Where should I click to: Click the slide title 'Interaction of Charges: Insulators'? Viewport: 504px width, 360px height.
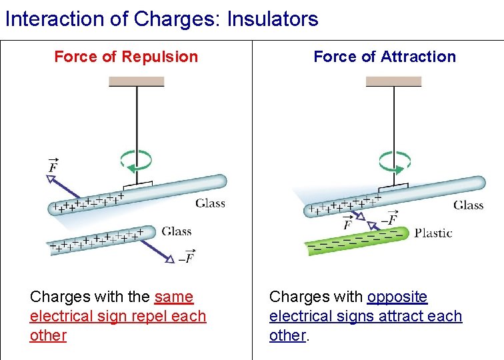click(x=161, y=19)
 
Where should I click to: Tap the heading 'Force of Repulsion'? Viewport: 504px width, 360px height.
click(x=126, y=57)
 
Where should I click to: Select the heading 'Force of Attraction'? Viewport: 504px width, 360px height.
click(x=385, y=57)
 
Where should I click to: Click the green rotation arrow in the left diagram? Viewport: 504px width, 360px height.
click(x=136, y=161)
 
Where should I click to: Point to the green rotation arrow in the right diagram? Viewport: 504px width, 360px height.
click(x=395, y=161)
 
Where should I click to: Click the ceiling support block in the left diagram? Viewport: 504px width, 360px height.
click(x=137, y=81)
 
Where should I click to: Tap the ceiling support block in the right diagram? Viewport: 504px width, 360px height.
click(x=394, y=81)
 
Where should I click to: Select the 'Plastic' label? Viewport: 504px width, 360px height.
click(x=433, y=233)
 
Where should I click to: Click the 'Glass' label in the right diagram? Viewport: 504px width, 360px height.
click(x=469, y=205)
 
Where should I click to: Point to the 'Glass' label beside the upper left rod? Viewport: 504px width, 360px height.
click(x=210, y=203)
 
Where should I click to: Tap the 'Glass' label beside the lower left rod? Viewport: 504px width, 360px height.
click(x=177, y=231)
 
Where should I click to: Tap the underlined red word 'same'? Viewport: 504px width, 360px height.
click(x=173, y=297)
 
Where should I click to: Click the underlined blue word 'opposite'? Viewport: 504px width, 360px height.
click(x=397, y=297)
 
